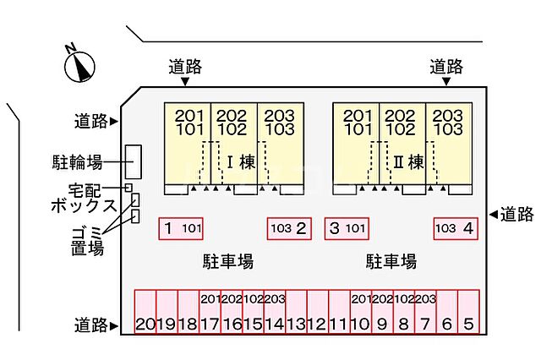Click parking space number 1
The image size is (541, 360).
(181, 228)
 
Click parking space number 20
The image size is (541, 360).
(145, 313)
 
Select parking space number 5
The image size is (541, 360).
(469, 313)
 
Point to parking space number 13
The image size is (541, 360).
(296, 313)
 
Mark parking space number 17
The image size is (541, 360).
(210, 313)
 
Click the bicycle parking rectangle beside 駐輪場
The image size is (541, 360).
(133, 161)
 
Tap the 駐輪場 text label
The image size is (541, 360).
(85, 161)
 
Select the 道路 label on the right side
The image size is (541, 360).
(516, 214)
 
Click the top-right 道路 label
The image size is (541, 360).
(445, 66)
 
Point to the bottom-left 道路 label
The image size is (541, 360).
(90, 325)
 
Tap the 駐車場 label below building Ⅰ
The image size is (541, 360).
(227, 261)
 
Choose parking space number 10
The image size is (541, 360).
(360, 313)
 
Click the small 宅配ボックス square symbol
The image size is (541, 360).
(128, 188)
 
